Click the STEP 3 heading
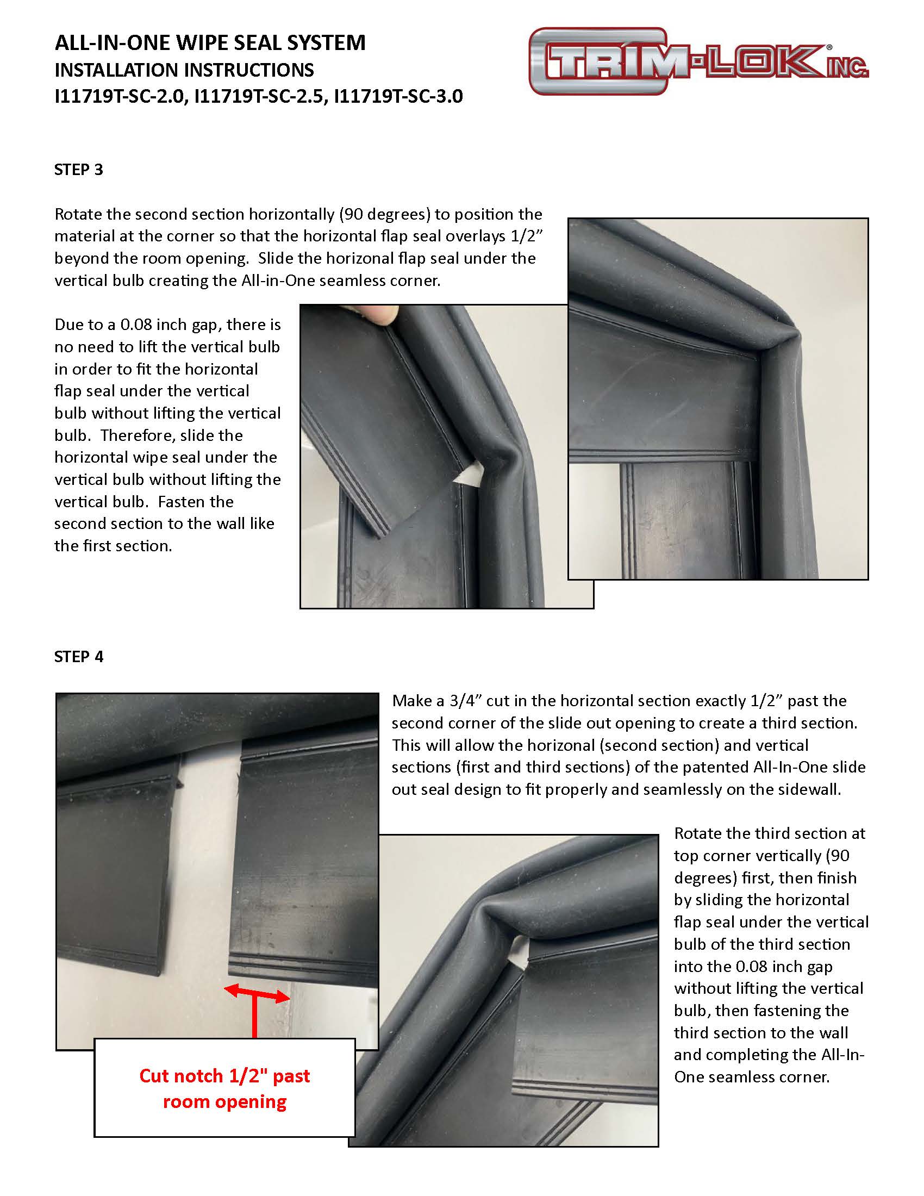point(78,170)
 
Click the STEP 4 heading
point(78,657)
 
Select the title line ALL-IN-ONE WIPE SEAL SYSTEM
point(210,43)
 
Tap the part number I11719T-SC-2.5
point(260,96)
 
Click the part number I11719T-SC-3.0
point(398,96)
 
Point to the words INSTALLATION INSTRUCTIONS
point(184,70)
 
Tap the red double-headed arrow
point(257,993)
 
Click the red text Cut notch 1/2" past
point(224,1076)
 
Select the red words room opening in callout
point(224,1101)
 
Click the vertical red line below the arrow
point(254,1018)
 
